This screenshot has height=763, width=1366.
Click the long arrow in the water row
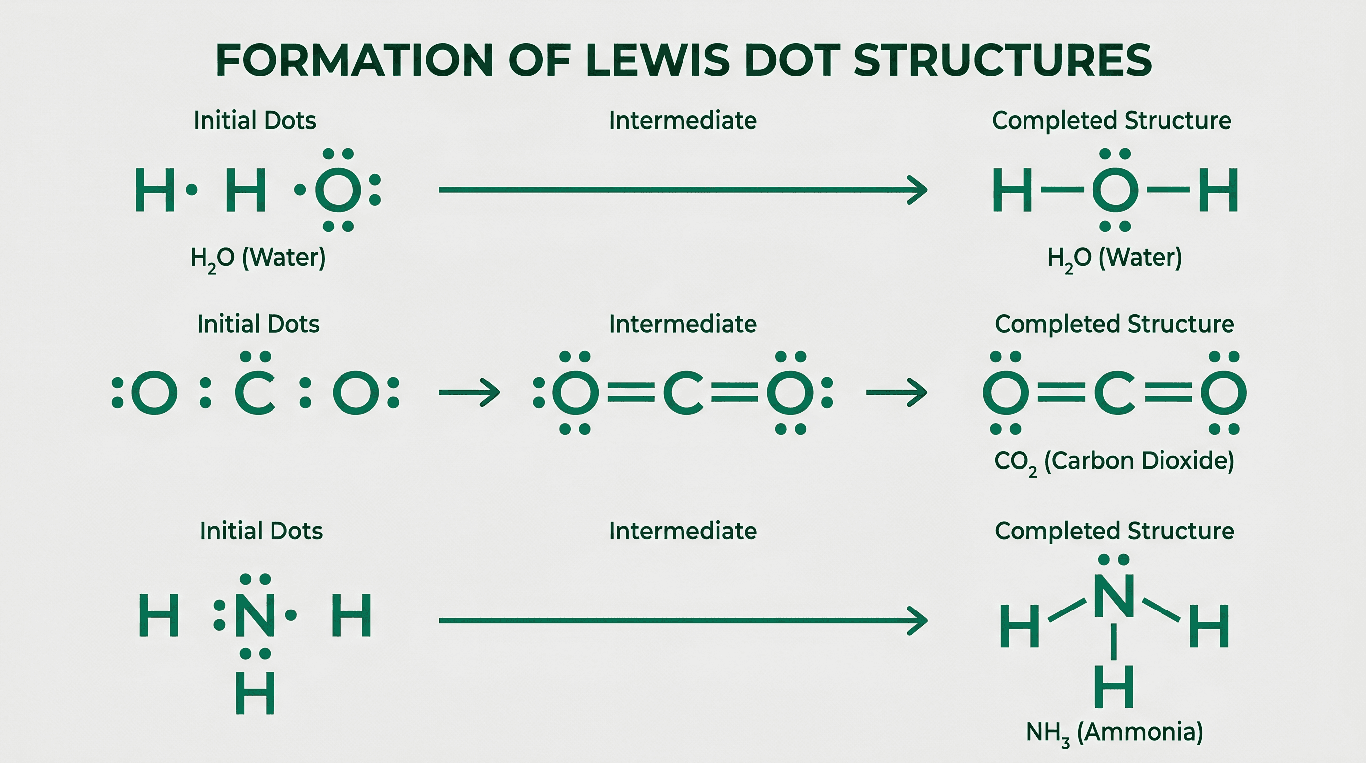click(x=683, y=189)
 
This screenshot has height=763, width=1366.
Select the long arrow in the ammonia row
click(x=683, y=620)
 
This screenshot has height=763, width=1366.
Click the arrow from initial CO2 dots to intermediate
click(x=469, y=392)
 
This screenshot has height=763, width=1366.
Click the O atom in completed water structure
click(x=1115, y=190)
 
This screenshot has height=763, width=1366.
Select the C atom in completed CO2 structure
click(x=1115, y=392)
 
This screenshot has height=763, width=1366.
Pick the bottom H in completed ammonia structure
click(x=1114, y=687)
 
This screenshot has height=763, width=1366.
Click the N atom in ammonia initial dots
click(x=255, y=615)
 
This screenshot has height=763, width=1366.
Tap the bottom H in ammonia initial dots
click(x=255, y=693)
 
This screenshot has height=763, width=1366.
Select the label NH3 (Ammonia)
click(x=1115, y=733)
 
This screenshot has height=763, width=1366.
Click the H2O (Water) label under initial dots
click(x=258, y=259)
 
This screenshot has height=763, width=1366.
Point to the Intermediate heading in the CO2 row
click(x=683, y=324)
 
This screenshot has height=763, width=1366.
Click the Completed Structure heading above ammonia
click(x=1115, y=531)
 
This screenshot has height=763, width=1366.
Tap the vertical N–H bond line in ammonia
click(x=1113, y=641)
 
